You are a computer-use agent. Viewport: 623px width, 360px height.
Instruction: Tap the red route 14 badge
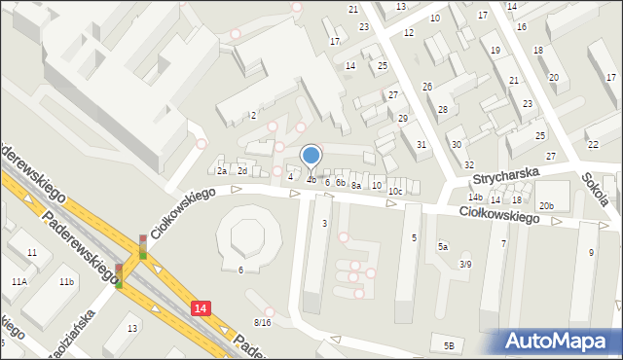(200, 307)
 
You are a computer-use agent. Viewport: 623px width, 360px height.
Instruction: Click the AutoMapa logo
(559, 341)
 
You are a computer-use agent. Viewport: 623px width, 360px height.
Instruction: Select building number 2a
(222, 171)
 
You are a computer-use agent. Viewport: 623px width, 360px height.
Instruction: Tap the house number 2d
(242, 171)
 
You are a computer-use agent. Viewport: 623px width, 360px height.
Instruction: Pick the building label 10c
(394, 192)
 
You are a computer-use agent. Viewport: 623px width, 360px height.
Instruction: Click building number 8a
(356, 185)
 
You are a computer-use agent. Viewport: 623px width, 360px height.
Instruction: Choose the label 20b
(546, 205)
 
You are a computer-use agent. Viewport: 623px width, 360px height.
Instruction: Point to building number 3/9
(466, 264)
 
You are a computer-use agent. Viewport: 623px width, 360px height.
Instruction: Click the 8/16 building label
(262, 322)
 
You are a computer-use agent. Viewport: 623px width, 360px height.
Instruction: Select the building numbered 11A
(19, 281)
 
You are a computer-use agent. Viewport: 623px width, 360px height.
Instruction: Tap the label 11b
(65, 282)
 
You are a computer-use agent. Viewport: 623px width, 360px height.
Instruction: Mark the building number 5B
(449, 345)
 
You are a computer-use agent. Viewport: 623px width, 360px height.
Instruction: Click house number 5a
(443, 247)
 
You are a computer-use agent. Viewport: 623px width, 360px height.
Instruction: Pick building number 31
(421, 145)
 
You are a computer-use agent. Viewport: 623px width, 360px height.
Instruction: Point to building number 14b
(475, 198)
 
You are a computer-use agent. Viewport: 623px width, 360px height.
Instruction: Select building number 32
(468, 165)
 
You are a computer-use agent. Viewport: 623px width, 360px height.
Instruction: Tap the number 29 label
(403, 118)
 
